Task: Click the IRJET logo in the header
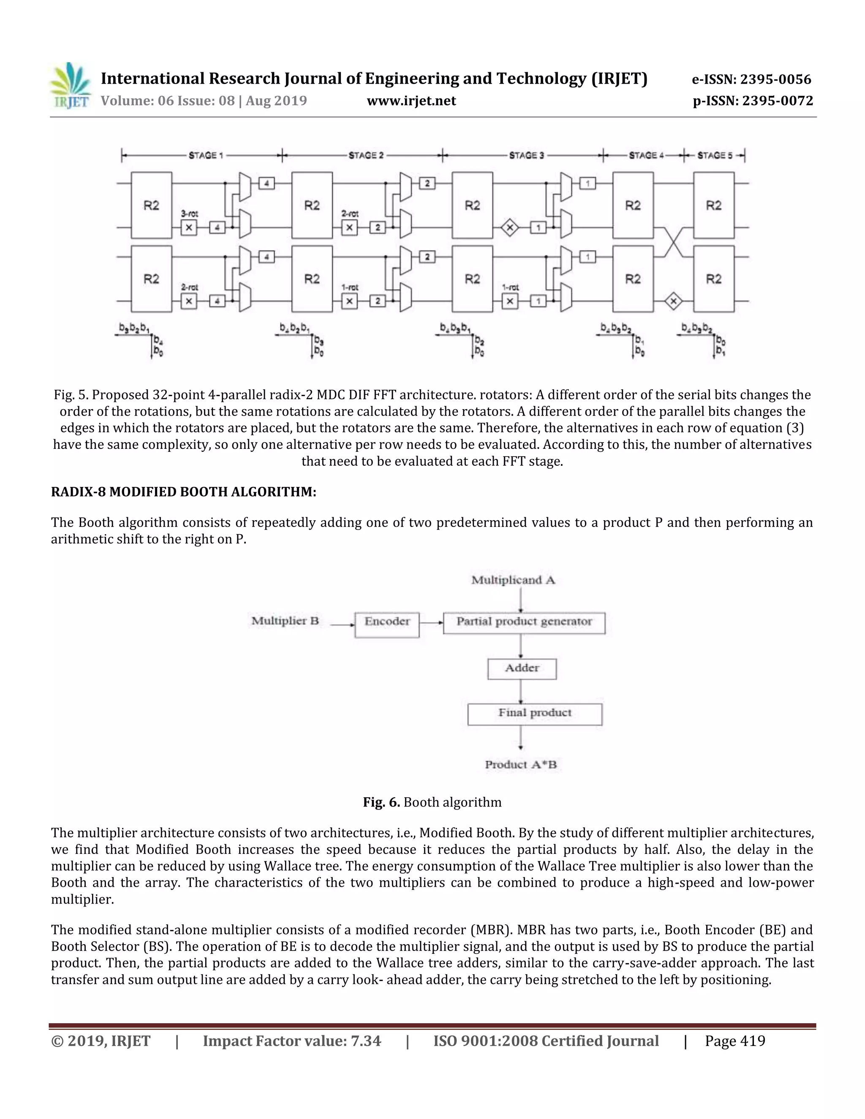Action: pos(71,86)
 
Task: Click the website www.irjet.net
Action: pos(411,100)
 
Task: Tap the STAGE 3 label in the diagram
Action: pos(526,155)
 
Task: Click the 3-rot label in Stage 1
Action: pos(189,214)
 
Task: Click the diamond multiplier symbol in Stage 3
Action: pos(509,228)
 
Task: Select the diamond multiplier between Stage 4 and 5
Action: pos(673,301)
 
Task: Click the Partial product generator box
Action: pos(524,622)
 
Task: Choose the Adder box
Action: pos(522,668)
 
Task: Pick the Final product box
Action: pos(534,714)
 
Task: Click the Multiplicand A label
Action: pos(513,580)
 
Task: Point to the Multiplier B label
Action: pos(285,621)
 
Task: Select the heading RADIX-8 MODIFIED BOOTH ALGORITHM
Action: pos(183,492)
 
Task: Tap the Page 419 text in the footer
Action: pos(734,1041)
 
